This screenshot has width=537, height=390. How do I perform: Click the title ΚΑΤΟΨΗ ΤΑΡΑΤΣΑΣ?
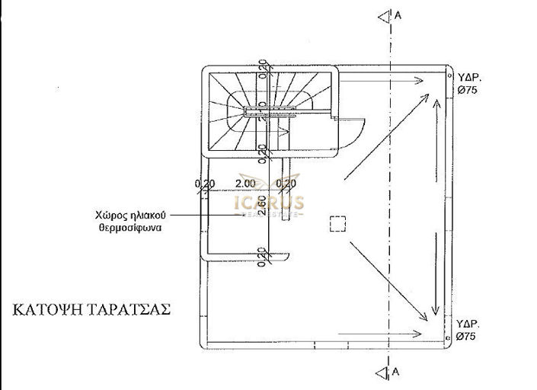pos(91,310)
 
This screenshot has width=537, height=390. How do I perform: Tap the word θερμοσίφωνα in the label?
pos(129,227)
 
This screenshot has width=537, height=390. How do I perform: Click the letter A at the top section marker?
pos(397,15)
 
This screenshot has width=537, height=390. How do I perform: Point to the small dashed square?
pos(338,222)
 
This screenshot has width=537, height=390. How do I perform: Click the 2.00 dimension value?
pos(245,184)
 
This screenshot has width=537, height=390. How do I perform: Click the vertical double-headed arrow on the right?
pos(435,206)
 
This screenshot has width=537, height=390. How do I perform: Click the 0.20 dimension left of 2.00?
pos(204,184)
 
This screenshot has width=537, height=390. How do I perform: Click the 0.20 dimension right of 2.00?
pos(286,184)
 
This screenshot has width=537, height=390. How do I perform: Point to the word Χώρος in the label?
pos(109,215)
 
